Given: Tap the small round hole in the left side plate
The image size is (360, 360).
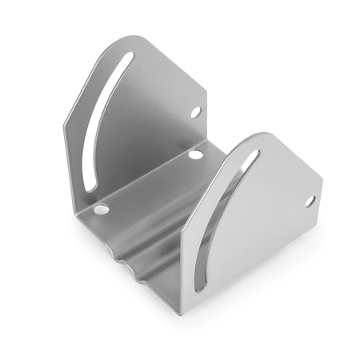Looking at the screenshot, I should (194, 112).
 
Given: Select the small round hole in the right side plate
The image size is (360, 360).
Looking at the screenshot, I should (310, 201).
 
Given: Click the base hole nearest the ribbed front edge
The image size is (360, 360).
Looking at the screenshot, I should (101, 210).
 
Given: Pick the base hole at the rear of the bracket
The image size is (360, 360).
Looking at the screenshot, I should (195, 154).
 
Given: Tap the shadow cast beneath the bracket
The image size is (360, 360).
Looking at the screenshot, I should (264, 316).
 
